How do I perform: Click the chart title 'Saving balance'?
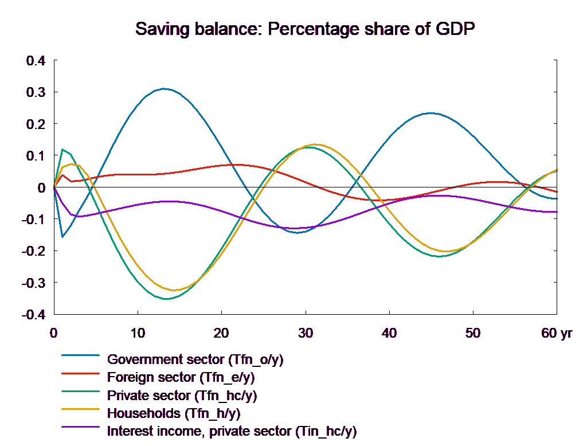[306, 29]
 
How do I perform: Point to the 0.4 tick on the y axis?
[36, 60]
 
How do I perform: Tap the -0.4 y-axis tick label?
[34, 315]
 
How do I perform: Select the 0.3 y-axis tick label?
[36, 92]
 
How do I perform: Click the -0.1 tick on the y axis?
[34, 220]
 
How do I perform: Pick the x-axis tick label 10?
[138, 333]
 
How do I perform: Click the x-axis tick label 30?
[306, 333]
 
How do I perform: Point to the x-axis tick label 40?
[389, 333]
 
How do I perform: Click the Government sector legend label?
[195, 360]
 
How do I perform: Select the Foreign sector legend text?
[181, 378]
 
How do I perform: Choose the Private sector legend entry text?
[182, 396]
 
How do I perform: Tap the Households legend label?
[173, 413]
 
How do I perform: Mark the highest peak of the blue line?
[165, 89]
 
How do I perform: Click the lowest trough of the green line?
[166, 299]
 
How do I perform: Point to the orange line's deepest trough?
[175, 290]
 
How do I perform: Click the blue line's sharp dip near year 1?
[62, 237]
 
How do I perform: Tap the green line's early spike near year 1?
[62, 149]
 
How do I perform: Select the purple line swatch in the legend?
[81, 431]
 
